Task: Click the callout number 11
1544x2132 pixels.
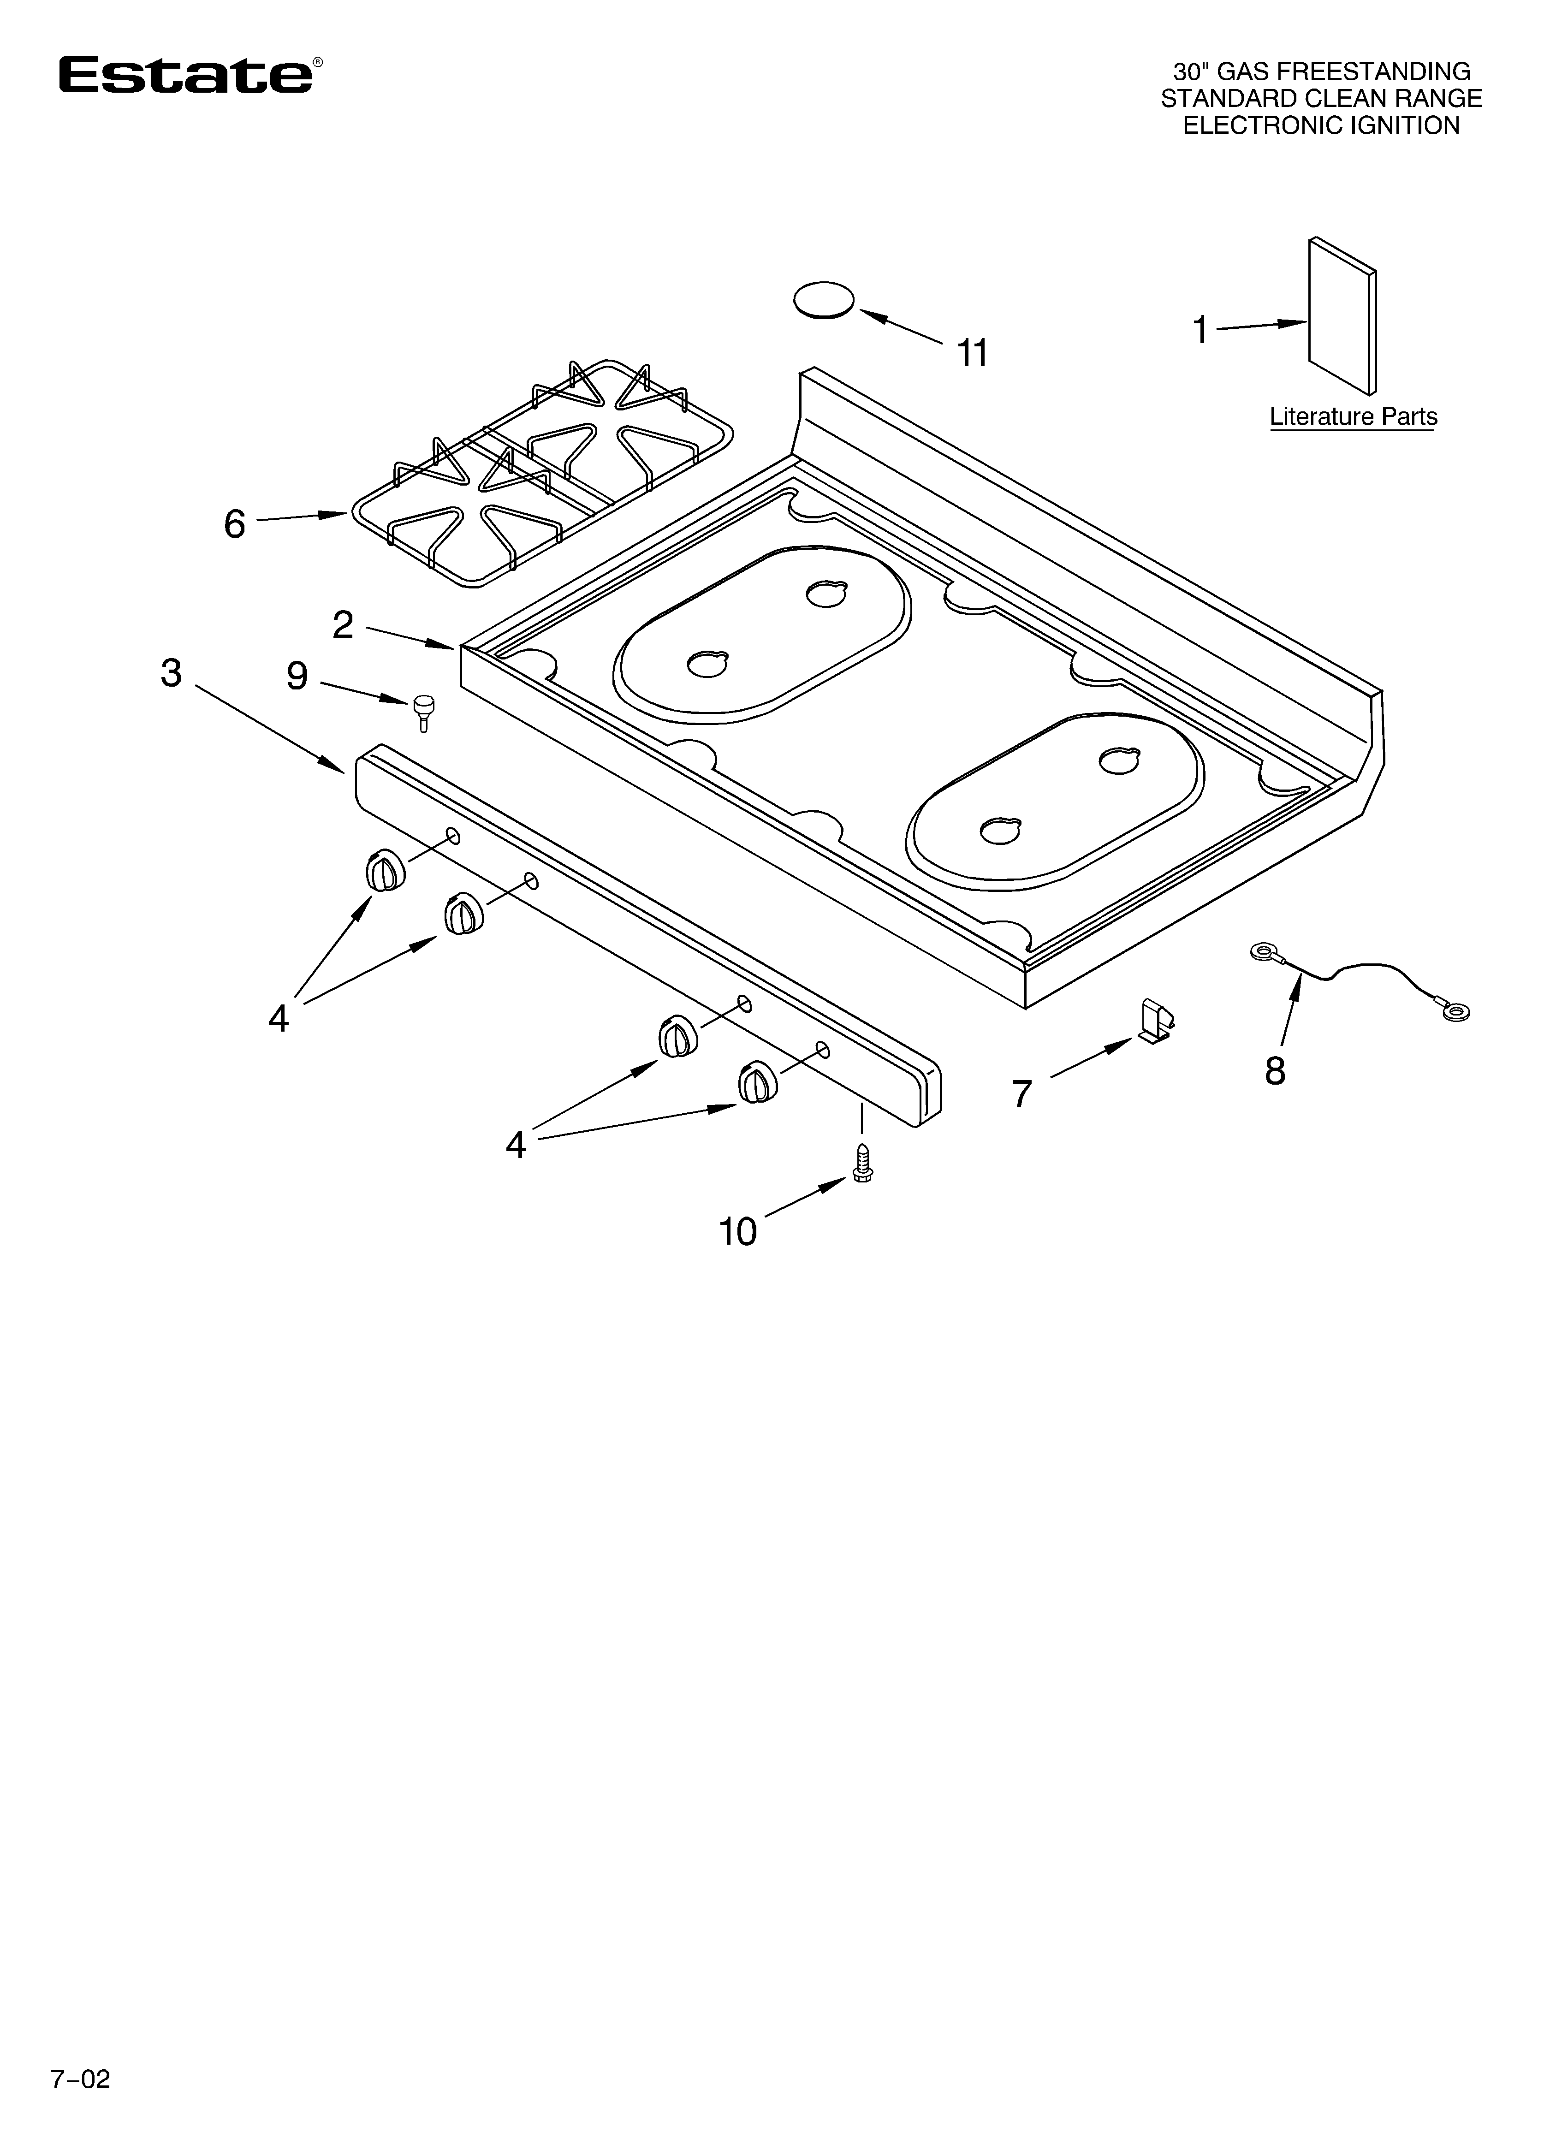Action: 972,353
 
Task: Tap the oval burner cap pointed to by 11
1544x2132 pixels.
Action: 824,301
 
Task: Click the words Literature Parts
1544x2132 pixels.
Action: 1353,416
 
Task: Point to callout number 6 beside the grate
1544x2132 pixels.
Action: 234,523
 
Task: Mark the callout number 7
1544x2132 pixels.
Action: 1022,1094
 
